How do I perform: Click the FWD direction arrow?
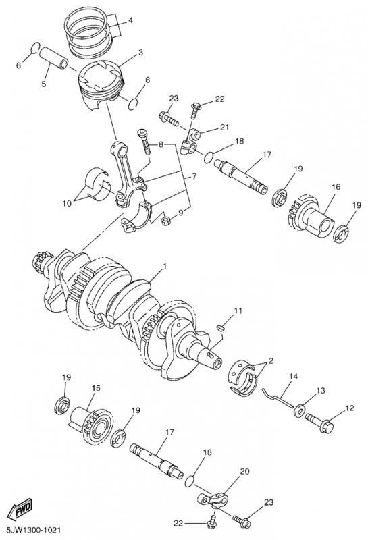tap(22, 509)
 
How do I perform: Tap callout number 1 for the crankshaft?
tap(165, 266)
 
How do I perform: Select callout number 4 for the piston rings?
tap(130, 20)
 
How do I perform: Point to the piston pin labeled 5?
tap(53, 58)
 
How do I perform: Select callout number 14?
tap(293, 377)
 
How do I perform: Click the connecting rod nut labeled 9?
tap(165, 220)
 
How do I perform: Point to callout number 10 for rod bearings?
tap(67, 204)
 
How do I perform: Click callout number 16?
tap(336, 187)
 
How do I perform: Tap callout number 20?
tap(244, 471)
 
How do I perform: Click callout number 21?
tap(224, 128)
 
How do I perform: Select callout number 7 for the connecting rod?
tap(194, 177)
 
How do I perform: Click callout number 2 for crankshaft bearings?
tap(271, 361)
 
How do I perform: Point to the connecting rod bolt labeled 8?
tap(144, 142)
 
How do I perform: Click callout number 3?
tap(140, 53)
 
